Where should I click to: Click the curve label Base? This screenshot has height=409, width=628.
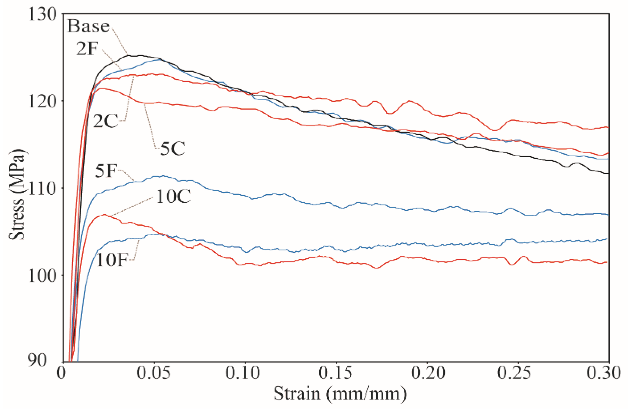pos(88,26)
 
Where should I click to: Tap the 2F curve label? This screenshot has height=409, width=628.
pos(87,49)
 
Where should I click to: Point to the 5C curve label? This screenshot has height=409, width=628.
pos(173,149)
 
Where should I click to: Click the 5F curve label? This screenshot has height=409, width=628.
pos(105,171)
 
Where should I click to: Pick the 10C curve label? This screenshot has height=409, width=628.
pos(173,197)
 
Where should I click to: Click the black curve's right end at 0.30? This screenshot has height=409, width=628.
pos(608,173)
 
